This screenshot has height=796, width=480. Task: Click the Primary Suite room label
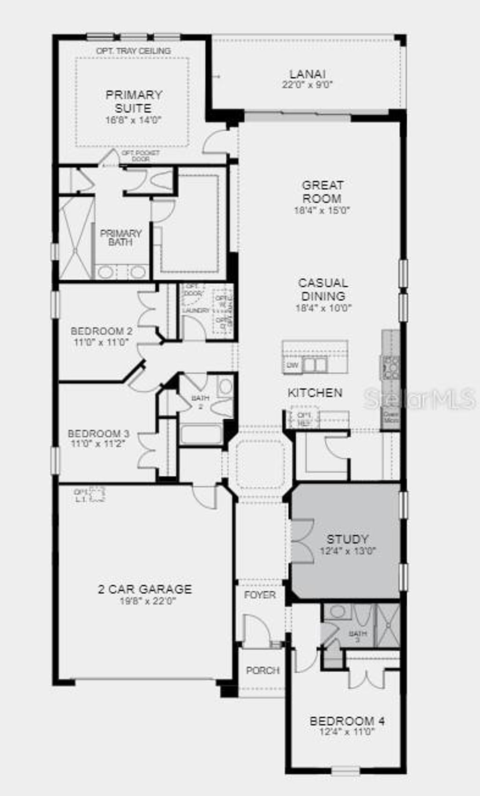[134, 101]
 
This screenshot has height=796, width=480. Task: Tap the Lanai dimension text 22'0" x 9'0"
[307, 85]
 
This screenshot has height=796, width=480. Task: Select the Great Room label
[322, 192]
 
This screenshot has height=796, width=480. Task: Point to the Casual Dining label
[323, 290]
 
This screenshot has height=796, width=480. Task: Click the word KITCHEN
[315, 393]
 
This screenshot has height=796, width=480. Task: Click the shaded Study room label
[347, 539]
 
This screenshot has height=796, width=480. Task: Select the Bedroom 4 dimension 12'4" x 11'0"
[347, 732]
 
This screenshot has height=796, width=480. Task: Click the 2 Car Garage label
[145, 589]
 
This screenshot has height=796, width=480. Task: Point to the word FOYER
[260, 595]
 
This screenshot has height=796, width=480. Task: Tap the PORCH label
[262, 670]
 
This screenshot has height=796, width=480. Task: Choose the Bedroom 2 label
[101, 331]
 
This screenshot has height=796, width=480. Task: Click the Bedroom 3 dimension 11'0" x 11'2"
[98, 443]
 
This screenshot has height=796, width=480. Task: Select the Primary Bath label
[120, 238]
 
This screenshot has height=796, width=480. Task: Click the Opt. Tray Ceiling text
[134, 51]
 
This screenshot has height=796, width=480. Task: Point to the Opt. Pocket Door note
[141, 156]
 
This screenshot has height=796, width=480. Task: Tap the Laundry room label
[196, 311]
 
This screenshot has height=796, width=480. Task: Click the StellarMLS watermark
[420, 399]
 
